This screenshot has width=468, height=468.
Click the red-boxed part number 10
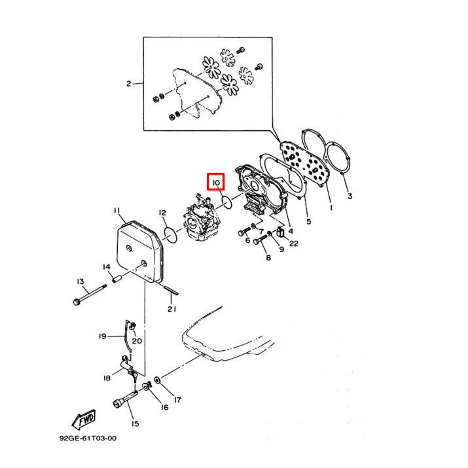pos(216,181)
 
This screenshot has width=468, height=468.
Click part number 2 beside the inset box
pos(129,84)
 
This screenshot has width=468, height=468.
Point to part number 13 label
pos(81,281)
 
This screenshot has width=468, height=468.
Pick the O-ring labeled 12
pos(169,234)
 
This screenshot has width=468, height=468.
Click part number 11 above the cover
pos(117,211)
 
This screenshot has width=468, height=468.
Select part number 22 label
pos(295,243)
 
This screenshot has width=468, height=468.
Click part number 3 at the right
pos(350,196)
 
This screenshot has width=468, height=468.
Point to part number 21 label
pos(171,309)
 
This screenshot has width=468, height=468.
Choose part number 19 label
pos(102,336)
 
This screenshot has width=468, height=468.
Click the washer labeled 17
pos(158,381)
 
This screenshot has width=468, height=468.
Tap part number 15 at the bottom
pos(134,423)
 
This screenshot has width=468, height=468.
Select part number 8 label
pos(267,258)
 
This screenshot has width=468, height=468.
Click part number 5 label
pos(308,221)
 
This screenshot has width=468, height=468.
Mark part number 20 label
pos(136,341)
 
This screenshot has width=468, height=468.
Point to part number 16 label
pos(164,407)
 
